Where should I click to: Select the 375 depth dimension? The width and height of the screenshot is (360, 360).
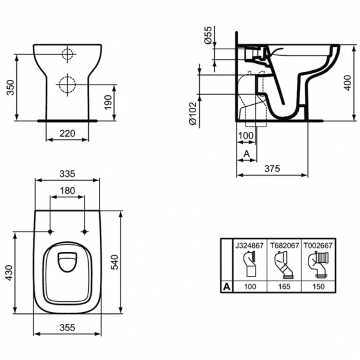pos(273,169)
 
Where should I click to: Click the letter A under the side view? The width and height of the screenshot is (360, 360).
pos(246,154)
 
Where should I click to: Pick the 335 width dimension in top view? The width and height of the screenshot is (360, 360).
pos(67,174)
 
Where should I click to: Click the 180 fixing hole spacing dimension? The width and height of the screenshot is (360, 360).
pos(67,191)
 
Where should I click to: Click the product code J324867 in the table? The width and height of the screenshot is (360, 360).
pos(249,245)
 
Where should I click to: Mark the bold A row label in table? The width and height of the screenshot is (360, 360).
pos(227,287)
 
